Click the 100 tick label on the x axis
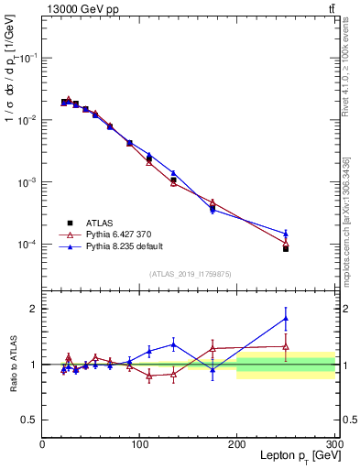[140, 443]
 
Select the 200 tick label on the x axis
[237, 443]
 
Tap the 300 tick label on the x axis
[333, 443]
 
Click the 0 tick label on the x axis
[43, 443]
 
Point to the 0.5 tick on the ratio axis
[31, 420]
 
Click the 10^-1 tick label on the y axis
[27, 58]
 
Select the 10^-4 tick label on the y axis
[27, 245]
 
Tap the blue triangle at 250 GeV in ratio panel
[286, 319]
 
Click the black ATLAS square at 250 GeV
[286, 248]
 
